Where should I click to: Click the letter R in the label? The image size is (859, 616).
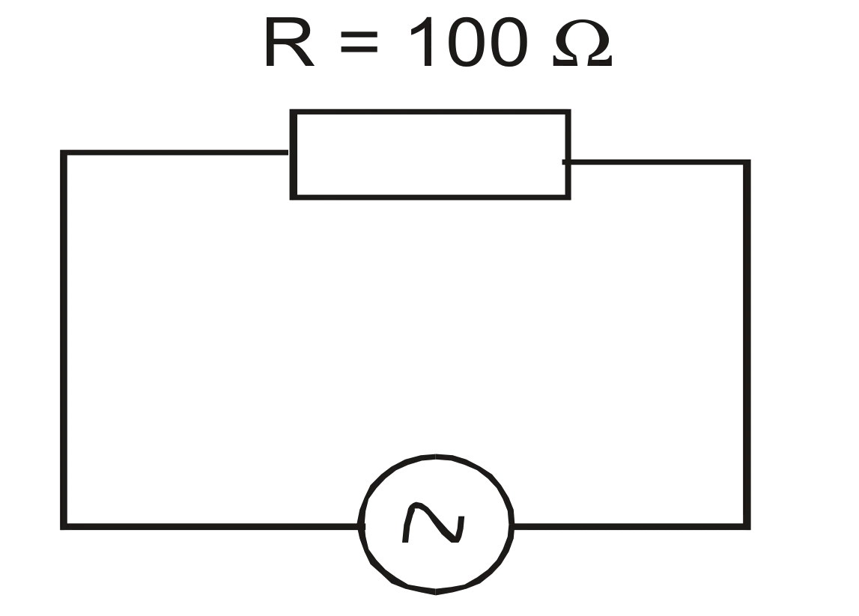click(x=289, y=42)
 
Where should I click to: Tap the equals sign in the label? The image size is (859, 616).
click(x=359, y=42)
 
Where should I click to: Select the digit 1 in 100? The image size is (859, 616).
click(x=422, y=42)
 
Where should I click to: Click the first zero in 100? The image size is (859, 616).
click(x=467, y=42)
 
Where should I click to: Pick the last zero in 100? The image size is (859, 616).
click(x=509, y=42)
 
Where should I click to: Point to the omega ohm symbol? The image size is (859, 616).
click(x=583, y=43)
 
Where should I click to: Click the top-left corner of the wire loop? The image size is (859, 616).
click(x=63, y=153)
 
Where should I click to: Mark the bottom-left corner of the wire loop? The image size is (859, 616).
click(x=63, y=527)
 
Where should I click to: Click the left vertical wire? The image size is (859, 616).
click(x=63, y=340)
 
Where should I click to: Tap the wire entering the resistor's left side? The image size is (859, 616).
click(x=176, y=153)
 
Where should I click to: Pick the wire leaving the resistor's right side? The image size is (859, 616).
click(x=656, y=162)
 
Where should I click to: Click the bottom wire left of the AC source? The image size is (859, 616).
click(x=211, y=527)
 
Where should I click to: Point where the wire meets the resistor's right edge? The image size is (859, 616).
click(x=568, y=162)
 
